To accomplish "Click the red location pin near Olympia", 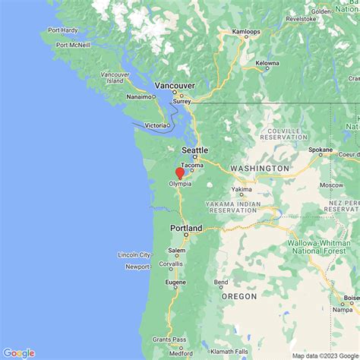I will (x=180, y=173).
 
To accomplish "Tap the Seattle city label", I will (x=194, y=150).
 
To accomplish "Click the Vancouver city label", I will (x=175, y=87).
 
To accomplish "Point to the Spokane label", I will (x=321, y=150).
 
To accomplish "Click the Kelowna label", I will (x=267, y=63).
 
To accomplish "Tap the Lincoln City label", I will (x=134, y=254).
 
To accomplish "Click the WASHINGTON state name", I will (x=260, y=168).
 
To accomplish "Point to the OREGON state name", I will (x=239, y=297).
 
